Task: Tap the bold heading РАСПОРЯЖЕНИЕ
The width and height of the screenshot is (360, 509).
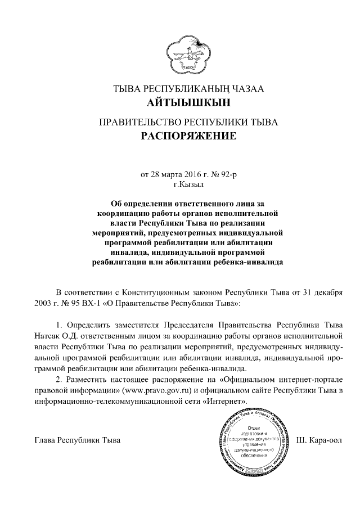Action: click(x=181, y=136)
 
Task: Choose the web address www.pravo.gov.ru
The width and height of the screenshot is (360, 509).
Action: click(x=159, y=390)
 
